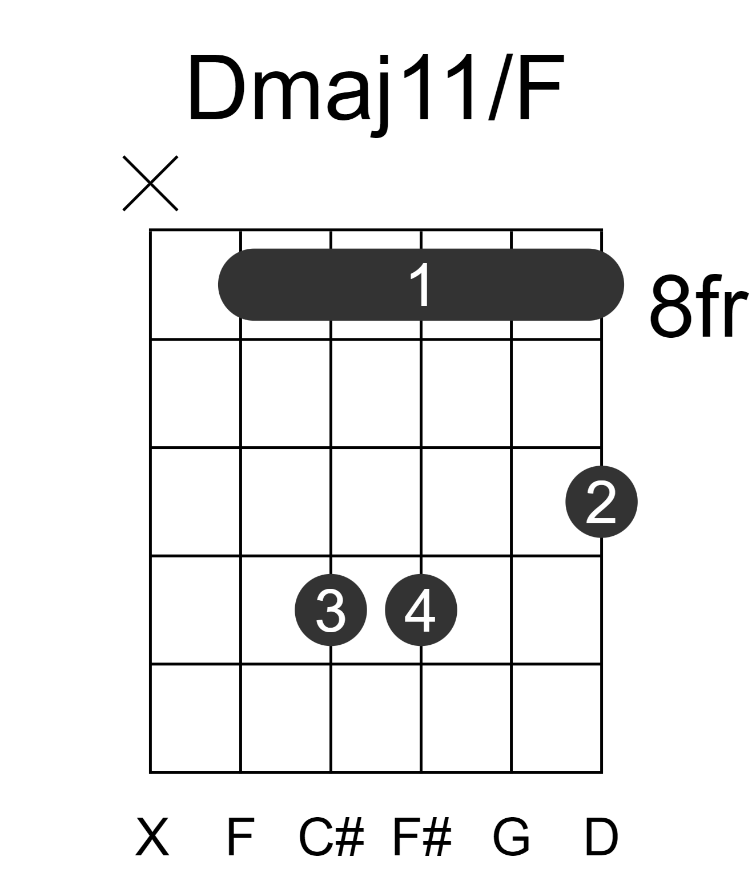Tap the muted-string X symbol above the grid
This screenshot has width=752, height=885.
[x=150, y=183]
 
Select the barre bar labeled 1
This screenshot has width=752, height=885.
[x=421, y=285]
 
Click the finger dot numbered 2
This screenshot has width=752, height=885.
[x=602, y=502]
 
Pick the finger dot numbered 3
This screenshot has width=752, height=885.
[x=331, y=610]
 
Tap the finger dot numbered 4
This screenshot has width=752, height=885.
[x=421, y=610]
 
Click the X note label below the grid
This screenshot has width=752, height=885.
[x=152, y=838]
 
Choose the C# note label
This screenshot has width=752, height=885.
[x=331, y=838]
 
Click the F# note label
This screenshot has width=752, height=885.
[x=422, y=838]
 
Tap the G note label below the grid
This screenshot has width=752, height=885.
[x=512, y=838]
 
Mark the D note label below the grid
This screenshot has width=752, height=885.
[x=602, y=838]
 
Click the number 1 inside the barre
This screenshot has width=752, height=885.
[x=421, y=285]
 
